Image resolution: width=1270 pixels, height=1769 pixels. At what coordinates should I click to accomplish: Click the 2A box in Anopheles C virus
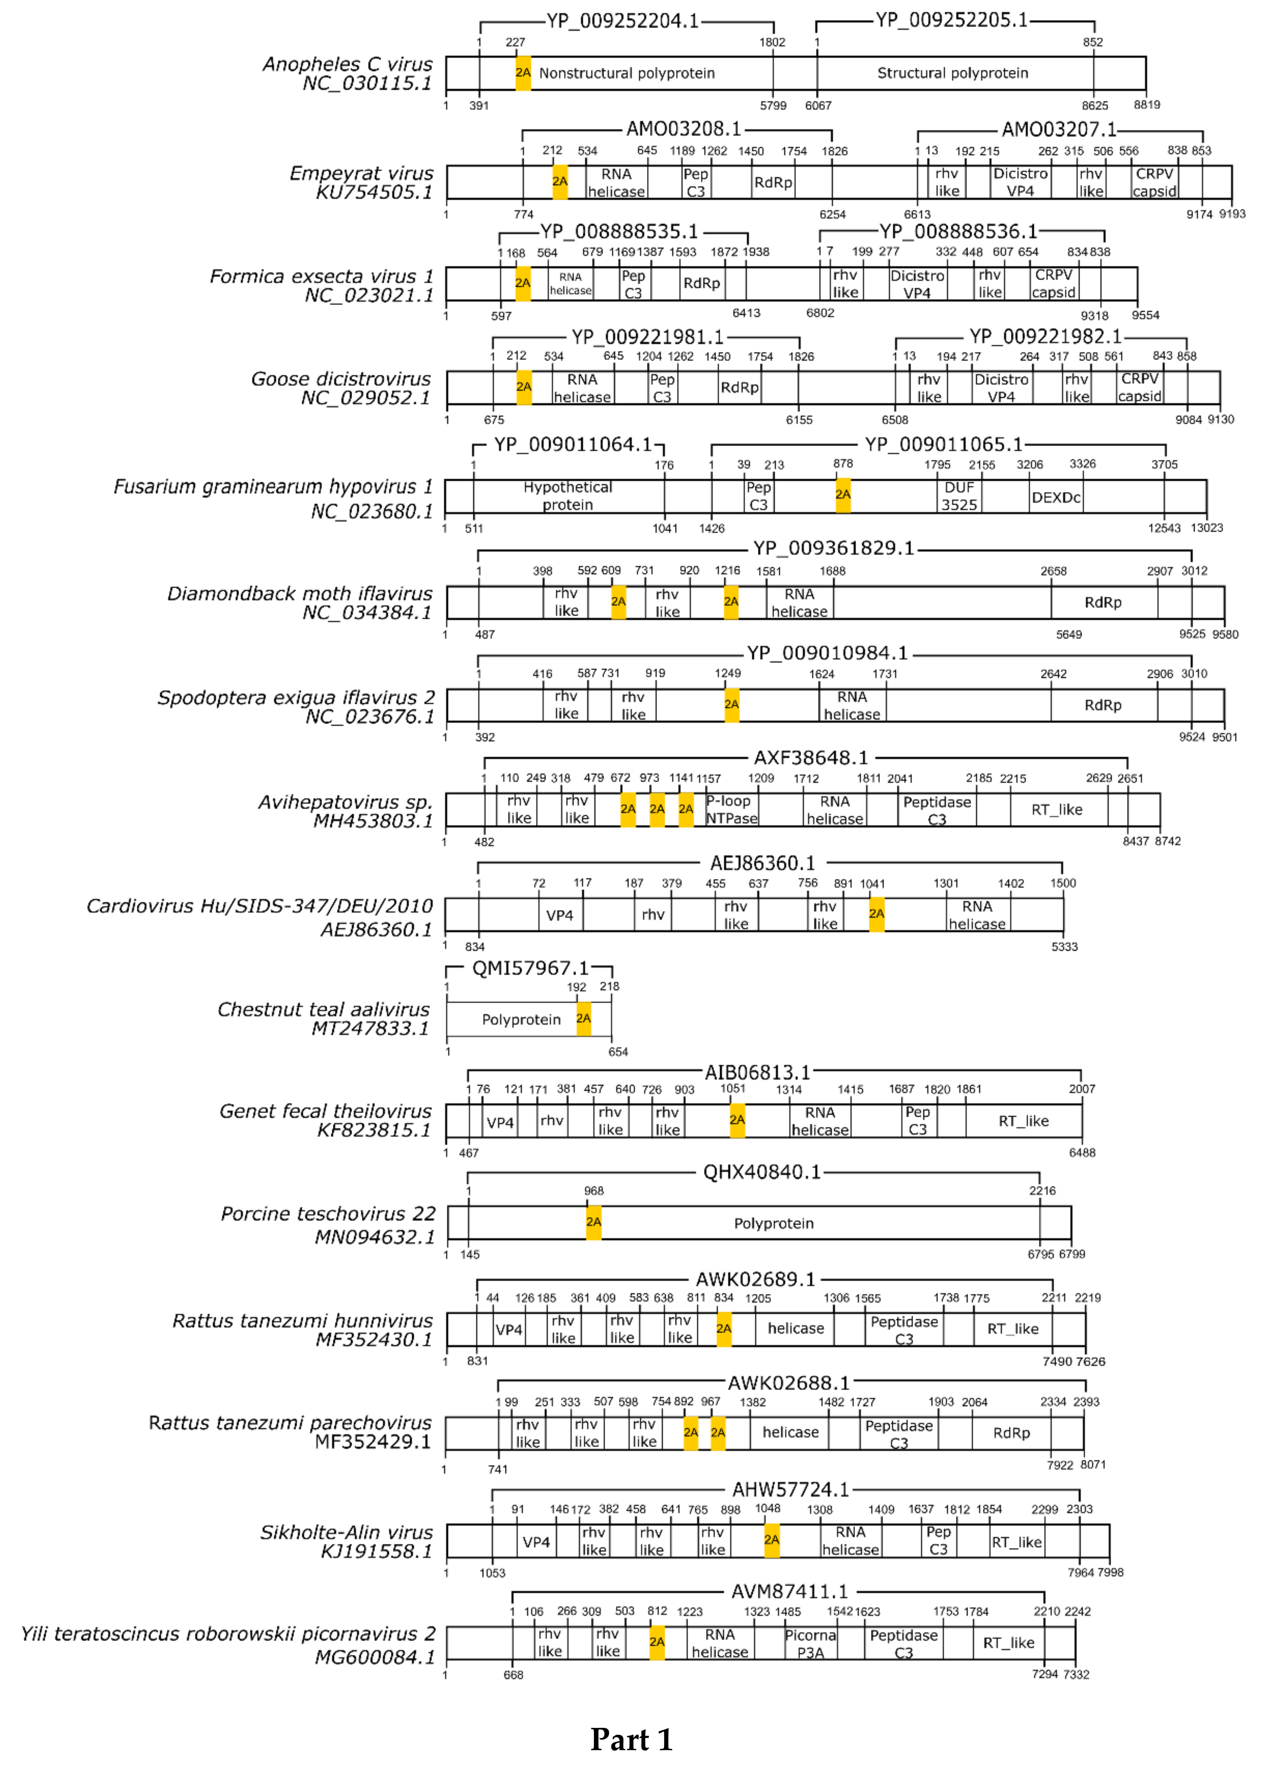(x=522, y=73)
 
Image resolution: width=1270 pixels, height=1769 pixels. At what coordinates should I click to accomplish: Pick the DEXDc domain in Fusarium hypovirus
(x=1056, y=498)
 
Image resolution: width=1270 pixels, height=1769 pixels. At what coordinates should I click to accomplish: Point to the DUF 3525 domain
(x=959, y=496)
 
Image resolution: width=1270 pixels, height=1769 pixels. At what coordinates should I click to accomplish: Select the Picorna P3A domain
(x=810, y=1643)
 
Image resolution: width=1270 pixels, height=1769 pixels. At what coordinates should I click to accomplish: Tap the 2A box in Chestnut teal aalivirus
(x=583, y=1019)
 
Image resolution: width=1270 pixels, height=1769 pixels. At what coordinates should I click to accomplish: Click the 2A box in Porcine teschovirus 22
(x=593, y=1222)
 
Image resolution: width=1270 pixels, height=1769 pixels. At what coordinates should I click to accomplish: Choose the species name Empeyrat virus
(x=361, y=173)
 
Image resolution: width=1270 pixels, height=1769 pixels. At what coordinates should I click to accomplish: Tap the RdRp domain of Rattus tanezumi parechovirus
(x=1011, y=1433)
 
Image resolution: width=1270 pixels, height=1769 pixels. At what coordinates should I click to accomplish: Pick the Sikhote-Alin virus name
(x=346, y=1533)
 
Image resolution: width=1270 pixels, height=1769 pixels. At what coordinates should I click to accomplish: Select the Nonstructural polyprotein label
(x=627, y=73)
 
